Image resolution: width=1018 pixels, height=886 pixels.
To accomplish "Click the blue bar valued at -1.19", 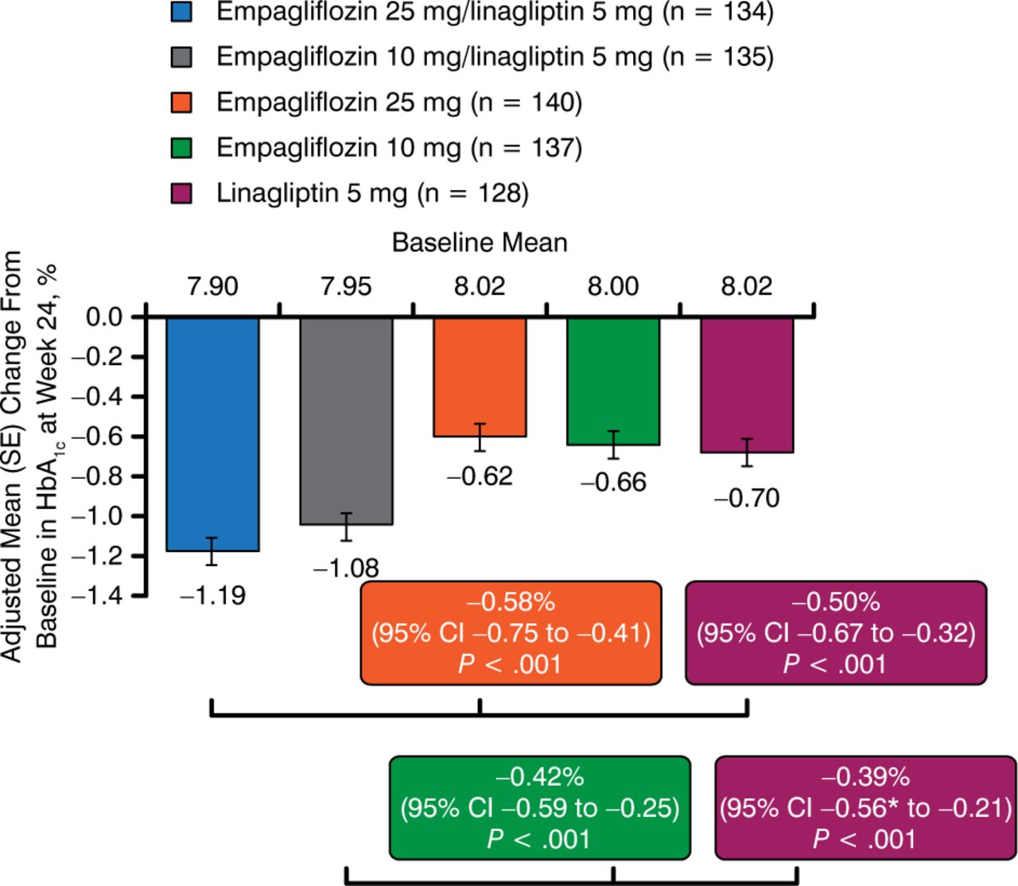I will pos(212,433).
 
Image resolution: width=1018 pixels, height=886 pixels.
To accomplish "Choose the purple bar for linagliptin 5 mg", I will pos(747,385).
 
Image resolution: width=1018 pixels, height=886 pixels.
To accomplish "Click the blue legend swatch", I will pos(182,12).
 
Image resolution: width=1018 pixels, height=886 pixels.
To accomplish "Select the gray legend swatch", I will pos(182,57).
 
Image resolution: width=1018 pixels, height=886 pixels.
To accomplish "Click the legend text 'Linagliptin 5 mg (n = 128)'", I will pos(372,193).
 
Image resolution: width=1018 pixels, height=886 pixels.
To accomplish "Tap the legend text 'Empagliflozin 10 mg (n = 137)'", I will pos(399,148).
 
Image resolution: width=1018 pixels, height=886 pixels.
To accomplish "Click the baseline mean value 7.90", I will pos(212,286).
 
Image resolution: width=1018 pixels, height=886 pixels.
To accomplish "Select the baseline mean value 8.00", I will pos(613,286).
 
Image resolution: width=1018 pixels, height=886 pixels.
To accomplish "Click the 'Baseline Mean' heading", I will pos(480,243).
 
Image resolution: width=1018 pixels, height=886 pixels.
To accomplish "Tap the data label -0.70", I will pos(747,499).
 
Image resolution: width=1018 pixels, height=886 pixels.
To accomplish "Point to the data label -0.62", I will pos(480,476).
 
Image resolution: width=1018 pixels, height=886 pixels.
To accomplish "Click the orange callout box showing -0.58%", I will pos(511,632).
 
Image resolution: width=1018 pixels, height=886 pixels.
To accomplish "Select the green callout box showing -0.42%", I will pos(539,807).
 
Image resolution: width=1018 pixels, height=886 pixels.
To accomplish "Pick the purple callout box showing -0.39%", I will pos(865,807).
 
